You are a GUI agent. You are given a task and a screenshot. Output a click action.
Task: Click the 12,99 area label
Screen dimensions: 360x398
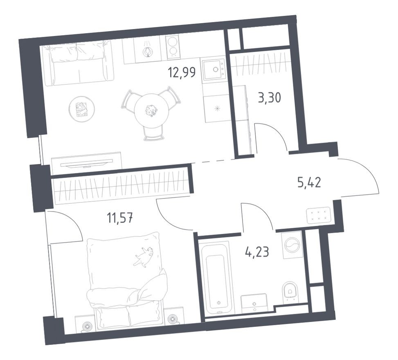[181, 72]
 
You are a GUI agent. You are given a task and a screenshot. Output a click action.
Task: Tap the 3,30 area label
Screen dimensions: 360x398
[269, 98]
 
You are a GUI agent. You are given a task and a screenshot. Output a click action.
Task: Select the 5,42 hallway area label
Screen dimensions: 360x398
[309, 182]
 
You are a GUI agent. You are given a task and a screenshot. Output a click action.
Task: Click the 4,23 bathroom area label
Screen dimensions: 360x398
[257, 250]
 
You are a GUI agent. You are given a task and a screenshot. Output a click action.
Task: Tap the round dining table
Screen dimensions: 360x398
[151, 109]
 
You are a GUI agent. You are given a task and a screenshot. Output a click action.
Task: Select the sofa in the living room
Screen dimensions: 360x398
[78, 63]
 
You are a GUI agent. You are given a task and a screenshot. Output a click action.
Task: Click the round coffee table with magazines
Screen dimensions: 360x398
[82, 108]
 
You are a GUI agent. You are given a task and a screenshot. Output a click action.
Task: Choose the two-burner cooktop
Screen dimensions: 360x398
[174, 46]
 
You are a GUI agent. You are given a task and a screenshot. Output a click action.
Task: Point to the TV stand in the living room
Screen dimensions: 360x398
[87, 161]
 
